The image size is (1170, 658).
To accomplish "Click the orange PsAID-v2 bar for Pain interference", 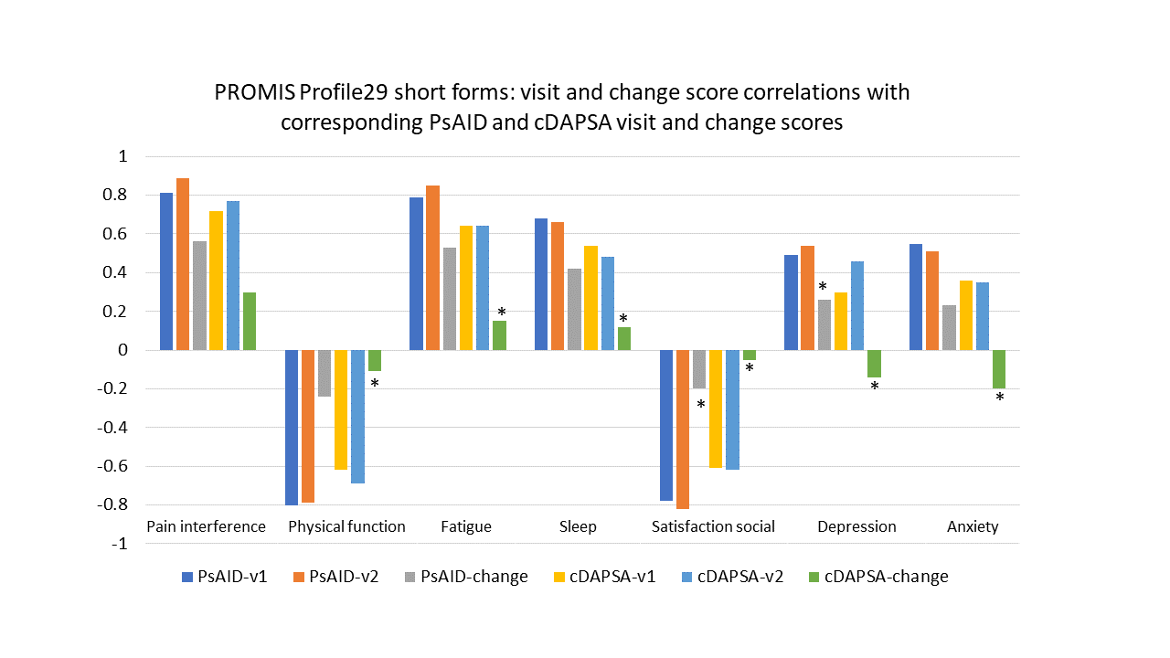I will click(183, 264).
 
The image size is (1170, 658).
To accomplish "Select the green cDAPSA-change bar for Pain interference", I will click(250, 321).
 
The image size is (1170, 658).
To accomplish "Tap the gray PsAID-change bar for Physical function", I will click(324, 373).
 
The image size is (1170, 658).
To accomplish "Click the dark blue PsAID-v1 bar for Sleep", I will click(541, 284).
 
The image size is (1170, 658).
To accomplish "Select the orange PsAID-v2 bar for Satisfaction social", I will click(683, 430).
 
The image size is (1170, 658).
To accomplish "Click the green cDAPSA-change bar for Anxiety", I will click(999, 369).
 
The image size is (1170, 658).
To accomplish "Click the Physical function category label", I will click(346, 526).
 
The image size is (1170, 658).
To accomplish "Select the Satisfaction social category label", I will click(713, 526).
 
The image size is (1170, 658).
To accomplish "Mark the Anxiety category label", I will click(973, 526).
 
